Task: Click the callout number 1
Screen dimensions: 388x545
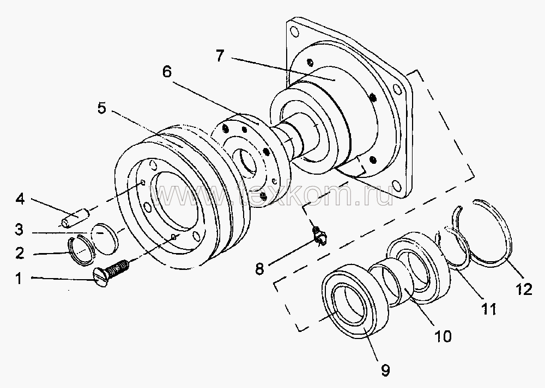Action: click(x=19, y=279)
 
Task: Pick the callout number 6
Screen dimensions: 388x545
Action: click(x=167, y=71)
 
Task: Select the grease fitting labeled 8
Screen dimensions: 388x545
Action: click(x=318, y=235)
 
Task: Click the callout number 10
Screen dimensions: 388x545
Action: click(x=443, y=337)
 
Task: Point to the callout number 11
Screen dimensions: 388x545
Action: click(x=488, y=310)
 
